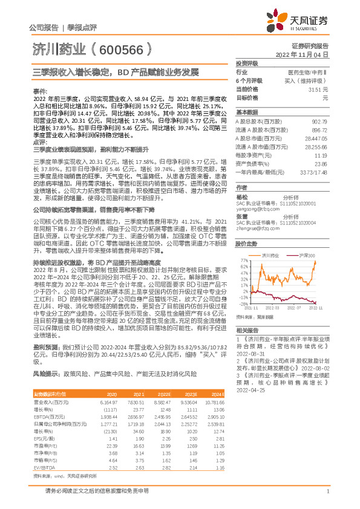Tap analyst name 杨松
click(x=241, y=197)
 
